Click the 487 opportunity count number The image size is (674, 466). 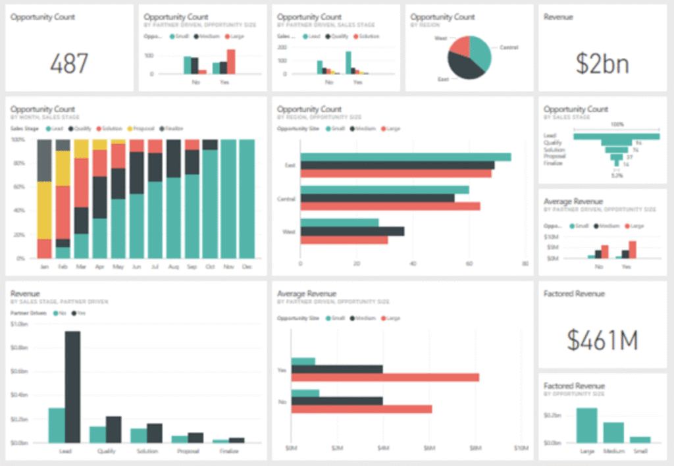(69, 63)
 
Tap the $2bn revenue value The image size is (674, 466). (602, 63)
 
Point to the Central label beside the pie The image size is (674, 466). (509, 47)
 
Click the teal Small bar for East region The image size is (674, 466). (405, 157)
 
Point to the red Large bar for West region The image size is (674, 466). (344, 240)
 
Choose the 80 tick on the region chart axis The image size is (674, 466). (525, 264)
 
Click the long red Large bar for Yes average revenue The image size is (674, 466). (385, 377)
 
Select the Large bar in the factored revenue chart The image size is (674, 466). (586, 425)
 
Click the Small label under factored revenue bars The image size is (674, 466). (640, 452)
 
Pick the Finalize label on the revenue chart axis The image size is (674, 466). (228, 452)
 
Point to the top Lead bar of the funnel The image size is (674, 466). (616, 136)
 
